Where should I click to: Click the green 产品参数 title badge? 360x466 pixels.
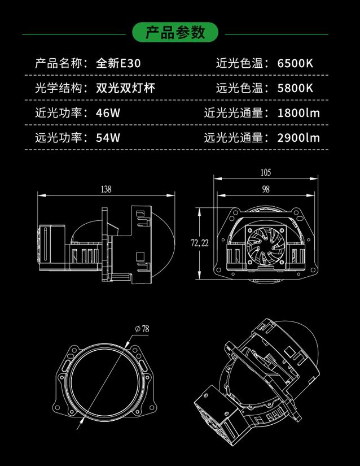[x=175, y=32]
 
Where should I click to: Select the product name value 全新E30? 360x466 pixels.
[x=118, y=63]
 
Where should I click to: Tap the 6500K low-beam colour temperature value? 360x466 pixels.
[x=295, y=63]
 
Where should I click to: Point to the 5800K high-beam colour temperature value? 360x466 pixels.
[x=295, y=88]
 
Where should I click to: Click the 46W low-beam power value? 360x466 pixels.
[x=108, y=113]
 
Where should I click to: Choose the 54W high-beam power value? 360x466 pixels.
[x=108, y=138]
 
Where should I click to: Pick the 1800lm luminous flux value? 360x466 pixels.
[x=298, y=113]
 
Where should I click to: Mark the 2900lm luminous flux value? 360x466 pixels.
[x=298, y=138]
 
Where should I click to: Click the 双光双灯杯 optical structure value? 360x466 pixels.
[x=125, y=88]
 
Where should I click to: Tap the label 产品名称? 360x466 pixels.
[x=59, y=63]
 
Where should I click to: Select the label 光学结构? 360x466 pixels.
[x=59, y=88]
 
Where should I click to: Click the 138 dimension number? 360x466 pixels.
[x=106, y=189]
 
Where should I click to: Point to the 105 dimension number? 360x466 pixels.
[x=266, y=172]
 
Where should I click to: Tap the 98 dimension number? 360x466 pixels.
[x=266, y=189]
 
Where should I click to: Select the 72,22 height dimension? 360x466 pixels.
[x=200, y=243]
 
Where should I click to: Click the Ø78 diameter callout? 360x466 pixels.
[x=142, y=329]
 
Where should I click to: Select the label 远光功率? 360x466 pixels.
[x=59, y=138]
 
